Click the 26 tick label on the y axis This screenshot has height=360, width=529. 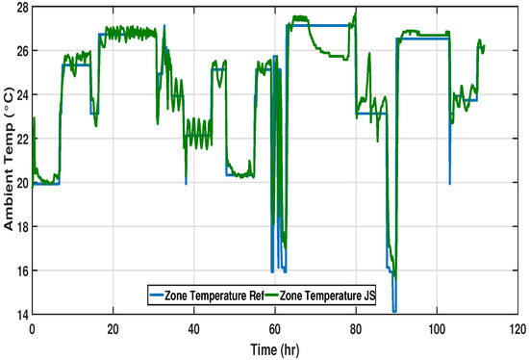(x=21, y=50)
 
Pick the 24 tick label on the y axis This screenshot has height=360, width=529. (x=21, y=94)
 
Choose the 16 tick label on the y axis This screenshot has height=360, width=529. (x=21, y=270)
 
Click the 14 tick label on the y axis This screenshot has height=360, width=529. (x=21, y=315)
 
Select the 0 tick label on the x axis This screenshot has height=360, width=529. (x=33, y=328)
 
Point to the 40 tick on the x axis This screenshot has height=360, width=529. (x=194, y=328)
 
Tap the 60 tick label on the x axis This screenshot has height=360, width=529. (x=275, y=328)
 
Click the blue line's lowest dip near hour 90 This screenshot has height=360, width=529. (x=395, y=311)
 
